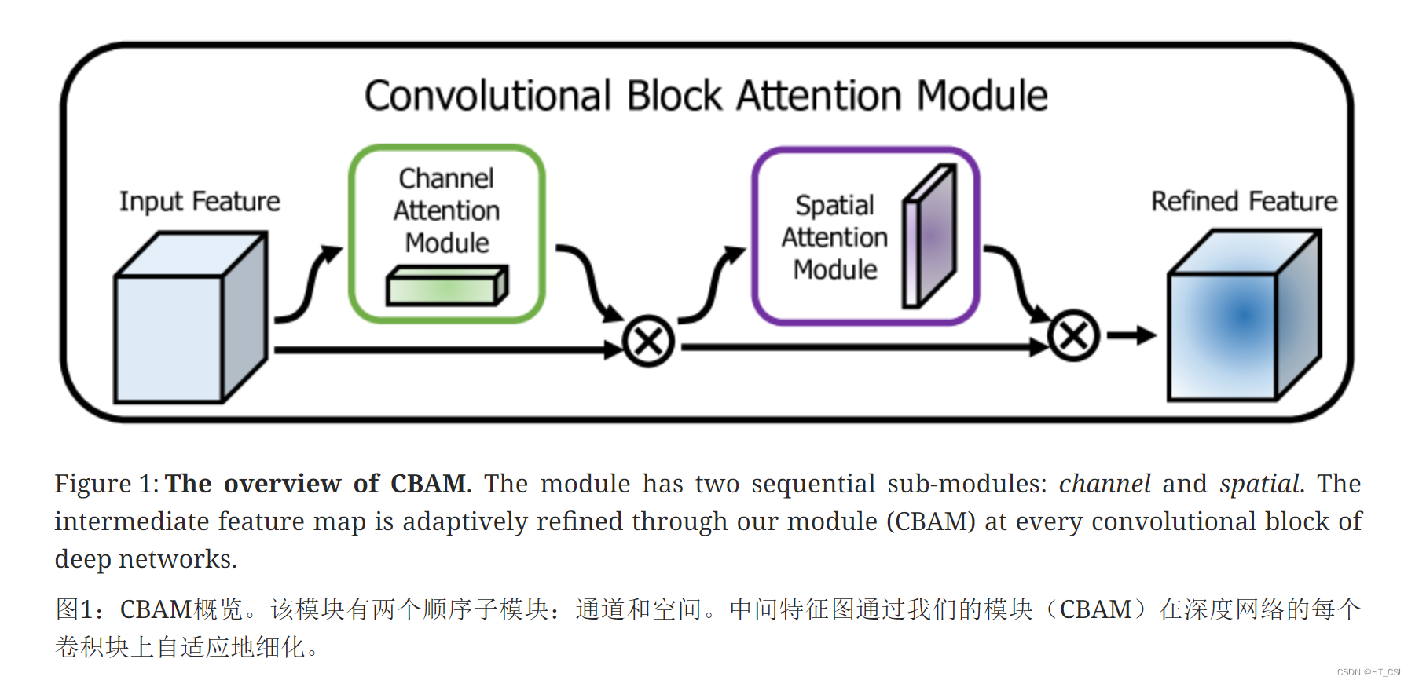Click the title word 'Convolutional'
pyautogui.click(x=487, y=96)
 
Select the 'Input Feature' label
pyautogui.click(x=200, y=202)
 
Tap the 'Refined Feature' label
pyautogui.click(x=1244, y=202)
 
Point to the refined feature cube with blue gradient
pyautogui.click(x=1241, y=318)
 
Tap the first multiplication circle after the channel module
pyautogui.click(x=648, y=342)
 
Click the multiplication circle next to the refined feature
pyautogui.click(x=1073, y=336)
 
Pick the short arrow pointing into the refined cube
pyautogui.click(x=1131, y=336)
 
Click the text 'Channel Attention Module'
pyautogui.click(x=446, y=210)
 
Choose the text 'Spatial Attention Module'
pyautogui.click(x=834, y=237)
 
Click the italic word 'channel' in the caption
pyautogui.click(x=1105, y=484)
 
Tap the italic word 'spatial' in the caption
pyautogui.click(x=1259, y=484)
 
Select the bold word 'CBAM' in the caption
pyautogui.click(x=428, y=484)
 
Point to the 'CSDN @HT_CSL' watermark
pyautogui.click(x=1369, y=672)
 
